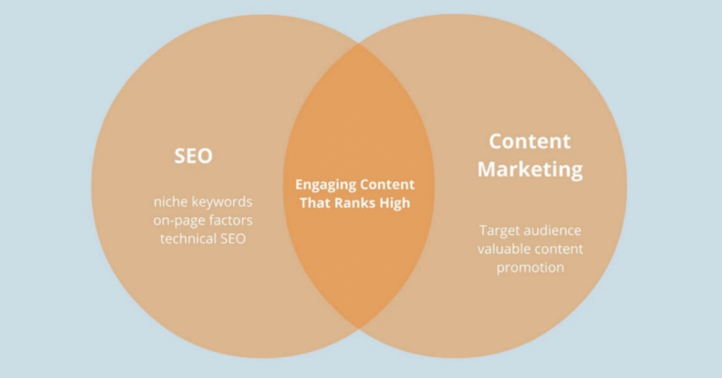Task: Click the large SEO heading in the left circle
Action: [x=193, y=156]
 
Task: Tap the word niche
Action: [x=169, y=202]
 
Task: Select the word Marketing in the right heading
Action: [x=530, y=170]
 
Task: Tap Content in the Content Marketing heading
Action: [x=530, y=141]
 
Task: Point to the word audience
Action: [x=551, y=231]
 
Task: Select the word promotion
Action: [x=530, y=267]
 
